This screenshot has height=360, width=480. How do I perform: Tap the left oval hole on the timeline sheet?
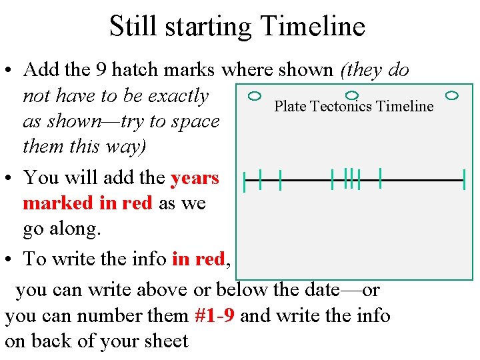pyautogui.click(x=254, y=96)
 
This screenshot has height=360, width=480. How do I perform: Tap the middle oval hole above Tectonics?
pyautogui.click(x=353, y=96)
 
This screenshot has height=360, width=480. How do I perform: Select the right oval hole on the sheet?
pyautogui.click(x=452, y=96)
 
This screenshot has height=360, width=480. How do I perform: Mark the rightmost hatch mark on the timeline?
pyautogui.click(x=464, y=180)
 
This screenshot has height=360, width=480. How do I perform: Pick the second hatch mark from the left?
pyautogui.click(x=260, y=178)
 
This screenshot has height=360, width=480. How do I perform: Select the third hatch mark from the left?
pyautogui.click(x=281, y=179)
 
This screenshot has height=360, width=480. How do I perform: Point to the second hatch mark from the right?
pyautogui.click(x=379, y=177)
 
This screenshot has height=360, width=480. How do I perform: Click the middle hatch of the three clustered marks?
pyautogui.click(x=351, y=178)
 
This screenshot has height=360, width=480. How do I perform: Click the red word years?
pyautogui.click(x=195, y=178)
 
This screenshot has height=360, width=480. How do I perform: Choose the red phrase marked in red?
pyautogui.click(x=87, y=203)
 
